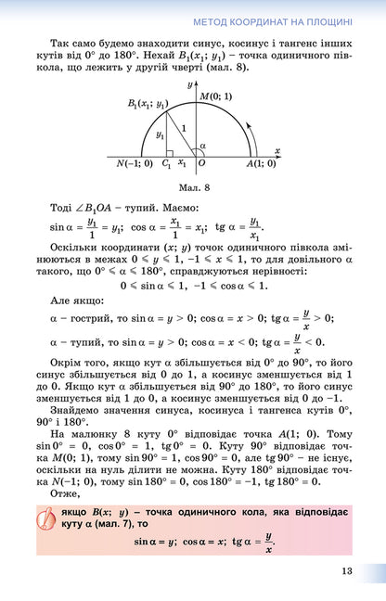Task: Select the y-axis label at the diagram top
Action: [190, 84]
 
